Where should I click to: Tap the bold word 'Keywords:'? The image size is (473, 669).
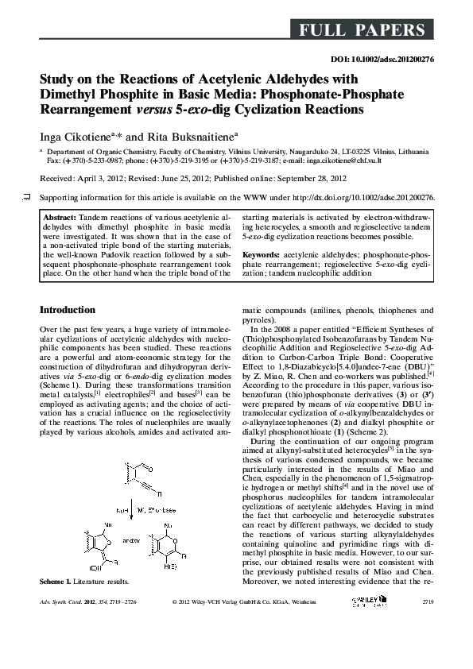[262, 253]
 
